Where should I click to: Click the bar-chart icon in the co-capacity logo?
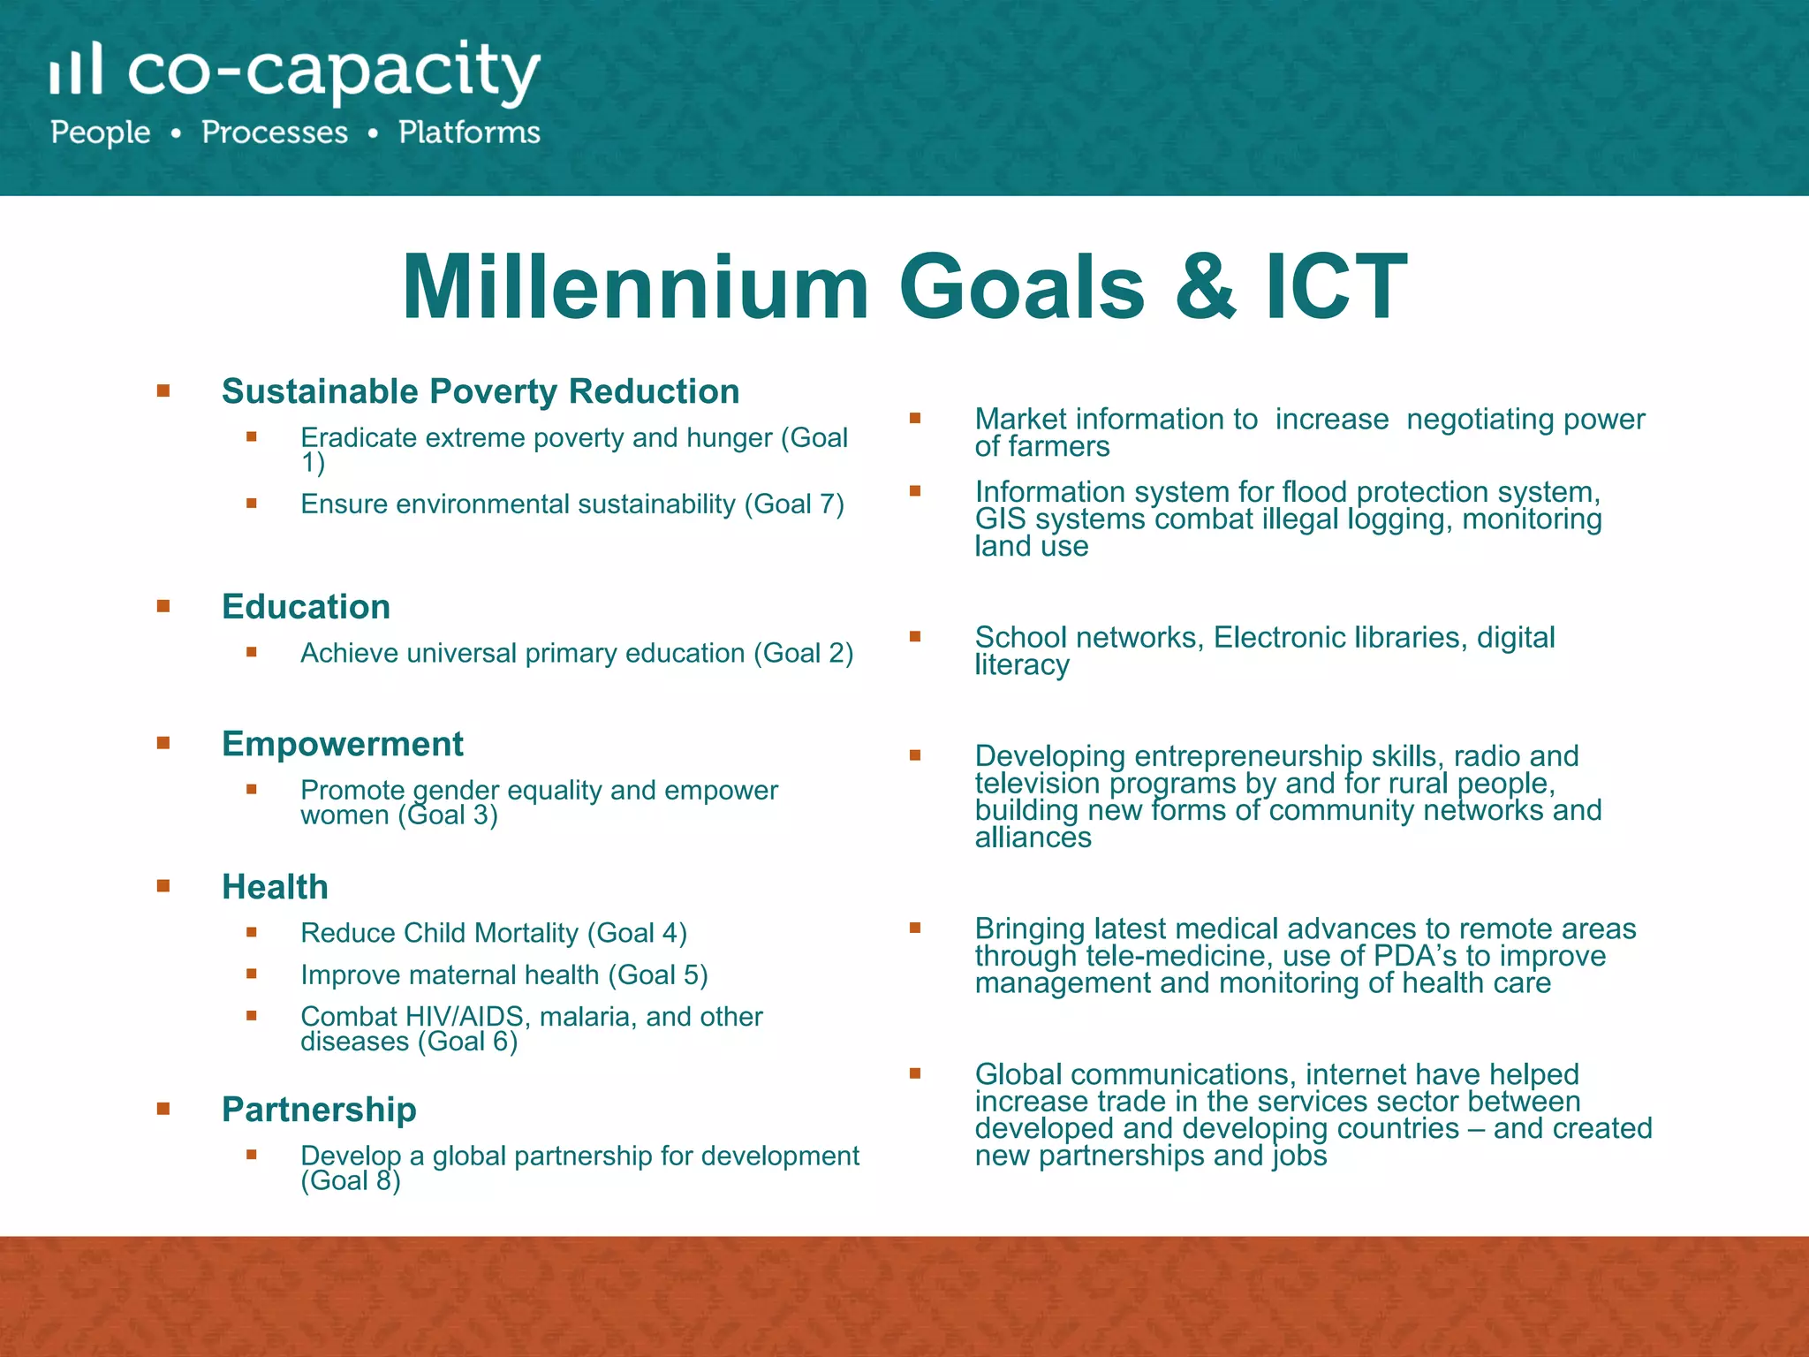[x=76, y=69]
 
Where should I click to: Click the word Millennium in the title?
[x=636, y=287]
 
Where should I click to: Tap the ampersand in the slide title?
[x=1205, y=287]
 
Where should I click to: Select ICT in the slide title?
[x=1336, y=287]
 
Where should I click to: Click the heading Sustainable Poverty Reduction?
[x=481, y=391]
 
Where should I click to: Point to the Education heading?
[x=306, y=607]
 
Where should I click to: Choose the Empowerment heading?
[x=342, y=744]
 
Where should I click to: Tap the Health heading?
[x=275, y=887]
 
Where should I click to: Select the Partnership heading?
[x=319, y=1110]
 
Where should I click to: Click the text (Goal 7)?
[x=794, y=504]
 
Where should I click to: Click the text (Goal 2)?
[x=803, y=654]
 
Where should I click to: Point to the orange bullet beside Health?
[x=163, y=886]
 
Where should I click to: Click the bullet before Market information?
[x=915, y=418]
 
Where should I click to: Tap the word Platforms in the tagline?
[x=469, y=133]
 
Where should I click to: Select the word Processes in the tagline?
[x=275, y=133]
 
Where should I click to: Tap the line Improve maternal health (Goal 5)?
[x=503, y=975]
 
